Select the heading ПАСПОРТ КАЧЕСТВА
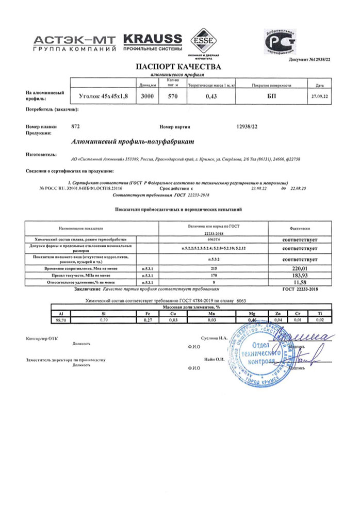178,67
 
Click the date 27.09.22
316,96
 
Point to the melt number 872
75,126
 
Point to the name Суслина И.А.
214,338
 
